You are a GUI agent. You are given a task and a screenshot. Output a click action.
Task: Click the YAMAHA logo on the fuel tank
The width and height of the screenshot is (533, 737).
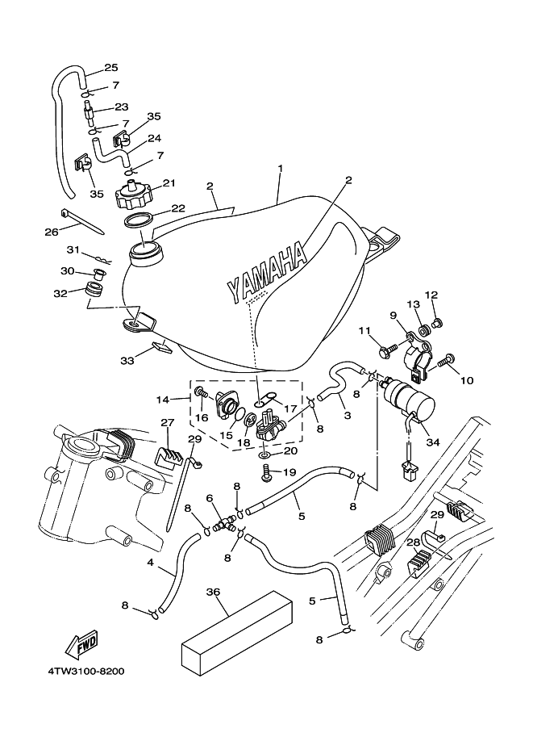click(x=265, y=274)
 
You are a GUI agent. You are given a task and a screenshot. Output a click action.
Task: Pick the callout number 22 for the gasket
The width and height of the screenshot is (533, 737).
click(x=178, y=208)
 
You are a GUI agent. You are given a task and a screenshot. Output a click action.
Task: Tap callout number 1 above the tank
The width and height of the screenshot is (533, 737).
click(x=280, y=168)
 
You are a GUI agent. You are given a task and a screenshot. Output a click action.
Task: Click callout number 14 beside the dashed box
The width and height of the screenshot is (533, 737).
click(x=161, y=399)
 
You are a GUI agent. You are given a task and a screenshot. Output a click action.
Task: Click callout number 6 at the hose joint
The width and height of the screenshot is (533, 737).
click(x=209, y=498)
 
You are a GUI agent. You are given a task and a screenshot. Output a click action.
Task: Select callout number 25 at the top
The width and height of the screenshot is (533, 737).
click(x=111, y=67)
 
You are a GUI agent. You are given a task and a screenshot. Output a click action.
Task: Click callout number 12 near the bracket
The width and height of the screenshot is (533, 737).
click(x=431, y=295)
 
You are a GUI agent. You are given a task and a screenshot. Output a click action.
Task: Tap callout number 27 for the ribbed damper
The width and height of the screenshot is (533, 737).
click(x=168, y=422)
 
